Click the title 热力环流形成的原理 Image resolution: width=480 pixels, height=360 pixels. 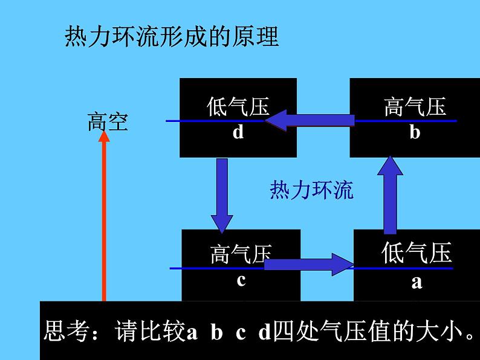tap(172, 36)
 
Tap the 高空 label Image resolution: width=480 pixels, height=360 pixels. tap(108, 122)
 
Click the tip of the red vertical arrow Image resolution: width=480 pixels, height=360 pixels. tap(104, 131)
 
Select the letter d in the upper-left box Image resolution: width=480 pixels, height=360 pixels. tap(238, 132)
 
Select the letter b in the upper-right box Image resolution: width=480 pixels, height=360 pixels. tap(415, 132)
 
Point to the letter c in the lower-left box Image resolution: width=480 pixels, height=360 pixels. tap(241, 280)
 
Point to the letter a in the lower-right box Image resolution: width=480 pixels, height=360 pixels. tap(417, 282)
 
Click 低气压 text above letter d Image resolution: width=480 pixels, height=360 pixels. tap(238, 106)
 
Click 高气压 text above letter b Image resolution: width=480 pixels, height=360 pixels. tap(415, 106)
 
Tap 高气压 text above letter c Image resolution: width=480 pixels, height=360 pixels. tap(241, 254)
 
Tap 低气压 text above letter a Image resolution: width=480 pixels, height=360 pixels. tap(417, 252)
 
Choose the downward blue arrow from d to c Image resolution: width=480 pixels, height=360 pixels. tap(222, 196)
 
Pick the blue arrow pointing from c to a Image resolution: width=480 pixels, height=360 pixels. tap(308, 265)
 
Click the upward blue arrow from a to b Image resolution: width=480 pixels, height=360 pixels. tap(390, 195)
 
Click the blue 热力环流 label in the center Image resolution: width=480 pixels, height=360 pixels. tap(311, 190)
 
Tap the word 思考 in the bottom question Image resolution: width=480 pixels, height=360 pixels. tap(67, 330)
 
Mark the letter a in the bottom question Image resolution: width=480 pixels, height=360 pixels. tap(192, 333)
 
